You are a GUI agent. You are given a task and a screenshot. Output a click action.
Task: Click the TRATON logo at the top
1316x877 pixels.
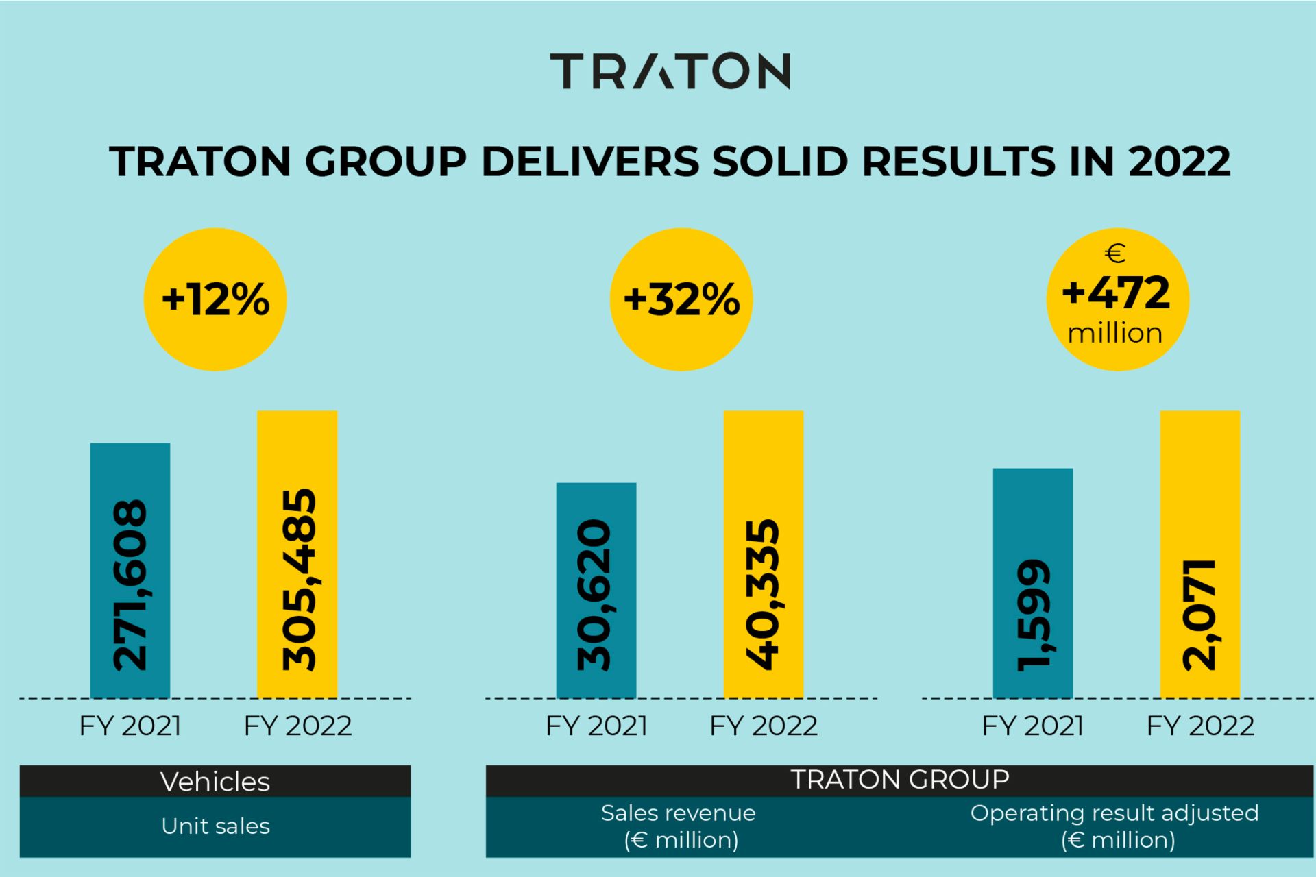(x=670, y=71)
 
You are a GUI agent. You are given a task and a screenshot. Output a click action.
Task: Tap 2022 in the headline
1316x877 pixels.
(x=1179, y=162)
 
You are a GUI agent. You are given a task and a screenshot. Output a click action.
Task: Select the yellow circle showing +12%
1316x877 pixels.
(x=215, y=299)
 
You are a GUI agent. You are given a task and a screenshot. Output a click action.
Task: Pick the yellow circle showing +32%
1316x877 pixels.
(x=681, y=299)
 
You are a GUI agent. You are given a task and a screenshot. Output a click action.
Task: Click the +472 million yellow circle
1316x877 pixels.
(x=1117, y=299)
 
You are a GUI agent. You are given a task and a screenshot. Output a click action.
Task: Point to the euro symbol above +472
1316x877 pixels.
(x=1115, y=254)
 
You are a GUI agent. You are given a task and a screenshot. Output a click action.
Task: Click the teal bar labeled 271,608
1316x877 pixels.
(x=130, y=570)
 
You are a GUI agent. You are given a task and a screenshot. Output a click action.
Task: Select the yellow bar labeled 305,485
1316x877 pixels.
(x=297, y=554)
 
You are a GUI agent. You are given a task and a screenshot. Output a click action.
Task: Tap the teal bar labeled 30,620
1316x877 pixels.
(x=596, y=590)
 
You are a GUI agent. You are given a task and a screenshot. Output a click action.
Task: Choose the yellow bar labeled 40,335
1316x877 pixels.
(x=764, y=554)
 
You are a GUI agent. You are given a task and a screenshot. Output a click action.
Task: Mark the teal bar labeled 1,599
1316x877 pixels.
(x=1033, y=582)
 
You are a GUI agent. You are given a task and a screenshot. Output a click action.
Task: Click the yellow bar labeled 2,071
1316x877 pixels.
(x=1200, y=554)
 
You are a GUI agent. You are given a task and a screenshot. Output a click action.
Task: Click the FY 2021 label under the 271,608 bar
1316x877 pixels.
(x=130, y=726)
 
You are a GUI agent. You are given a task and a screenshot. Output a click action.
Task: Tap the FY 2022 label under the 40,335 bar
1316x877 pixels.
(x=764, y=726)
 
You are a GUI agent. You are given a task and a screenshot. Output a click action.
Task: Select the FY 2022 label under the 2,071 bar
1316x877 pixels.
(x=1200, y=726)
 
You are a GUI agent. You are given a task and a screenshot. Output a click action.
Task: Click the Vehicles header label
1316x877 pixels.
(x=215, y=782)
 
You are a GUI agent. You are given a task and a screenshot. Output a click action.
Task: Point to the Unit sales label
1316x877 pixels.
(x=215, y=826)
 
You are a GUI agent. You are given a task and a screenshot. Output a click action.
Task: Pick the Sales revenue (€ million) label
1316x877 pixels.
(x=679, y=826)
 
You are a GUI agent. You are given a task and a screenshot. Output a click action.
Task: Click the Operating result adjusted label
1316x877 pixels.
(x=1115, y=813)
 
